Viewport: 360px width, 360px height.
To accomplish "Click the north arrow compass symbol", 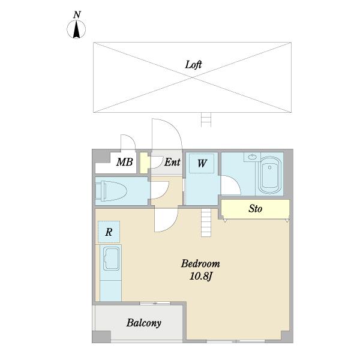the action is tap(76, 29).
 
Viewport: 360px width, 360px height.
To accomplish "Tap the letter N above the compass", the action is tap(77, 15).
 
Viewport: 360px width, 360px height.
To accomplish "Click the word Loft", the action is tap(193, 65).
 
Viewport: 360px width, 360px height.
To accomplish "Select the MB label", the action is tap(124, 162).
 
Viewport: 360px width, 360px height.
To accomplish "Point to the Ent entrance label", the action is tap(172, 162).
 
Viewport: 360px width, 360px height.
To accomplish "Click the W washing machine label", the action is tap(202, 163).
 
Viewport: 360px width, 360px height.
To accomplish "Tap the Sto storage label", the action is tap(256, 209).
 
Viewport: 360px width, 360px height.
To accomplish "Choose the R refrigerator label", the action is tap(109, 232).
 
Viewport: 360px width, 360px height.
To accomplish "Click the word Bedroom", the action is tap(200, 263).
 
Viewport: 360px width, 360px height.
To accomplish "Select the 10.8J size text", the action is tap(200, 277).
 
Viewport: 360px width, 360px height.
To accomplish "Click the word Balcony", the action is tap(144, 323).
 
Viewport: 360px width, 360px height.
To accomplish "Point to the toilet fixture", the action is tap(111, 191).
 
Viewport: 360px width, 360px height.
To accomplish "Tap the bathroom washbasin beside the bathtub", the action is tap(252, 157).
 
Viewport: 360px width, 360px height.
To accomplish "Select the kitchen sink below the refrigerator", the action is tap(111, 258).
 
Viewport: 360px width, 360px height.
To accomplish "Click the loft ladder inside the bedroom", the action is tap(206, 223).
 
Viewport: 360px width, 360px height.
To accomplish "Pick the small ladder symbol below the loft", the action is tap(206, 119).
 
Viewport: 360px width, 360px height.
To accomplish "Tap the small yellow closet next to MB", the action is tap(144, 163).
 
